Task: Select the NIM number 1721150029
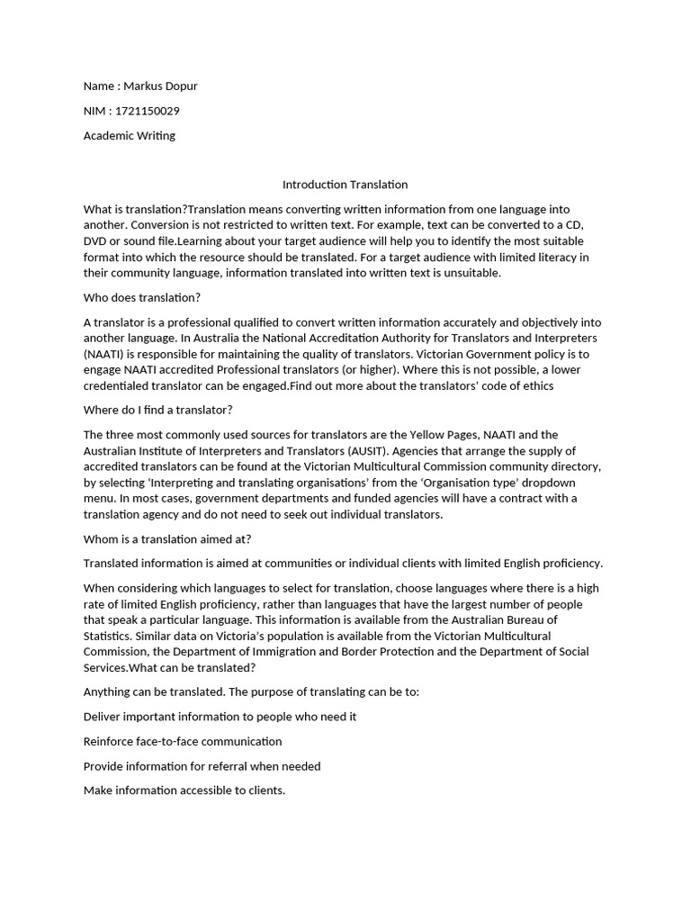[148, 111]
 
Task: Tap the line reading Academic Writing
[129, 136]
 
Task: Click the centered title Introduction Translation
[345, 185]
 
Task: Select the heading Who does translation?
[141, 298]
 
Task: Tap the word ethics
[536, 385]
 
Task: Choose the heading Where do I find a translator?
[157, 411]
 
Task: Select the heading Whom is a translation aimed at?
[166, 538]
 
